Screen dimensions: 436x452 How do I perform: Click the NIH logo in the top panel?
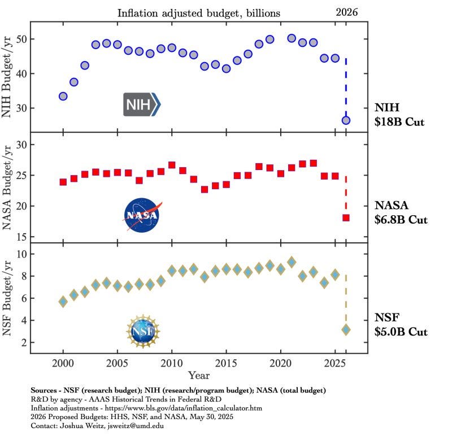point(142,104)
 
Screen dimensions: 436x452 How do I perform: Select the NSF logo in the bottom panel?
point(143,331)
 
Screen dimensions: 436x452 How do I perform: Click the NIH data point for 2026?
point(346,120)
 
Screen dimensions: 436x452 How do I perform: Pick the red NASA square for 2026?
point(346,217)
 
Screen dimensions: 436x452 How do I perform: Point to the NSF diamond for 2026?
point(346,329)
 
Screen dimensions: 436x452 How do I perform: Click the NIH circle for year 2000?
point(63,97)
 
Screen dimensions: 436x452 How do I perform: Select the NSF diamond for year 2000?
point(63,302)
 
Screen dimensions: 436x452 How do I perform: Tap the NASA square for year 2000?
point(63,182)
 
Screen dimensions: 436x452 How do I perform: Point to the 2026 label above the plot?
point(347,11)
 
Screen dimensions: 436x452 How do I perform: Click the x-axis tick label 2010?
point(172,362)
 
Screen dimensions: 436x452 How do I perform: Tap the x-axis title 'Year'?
point(199,375)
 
